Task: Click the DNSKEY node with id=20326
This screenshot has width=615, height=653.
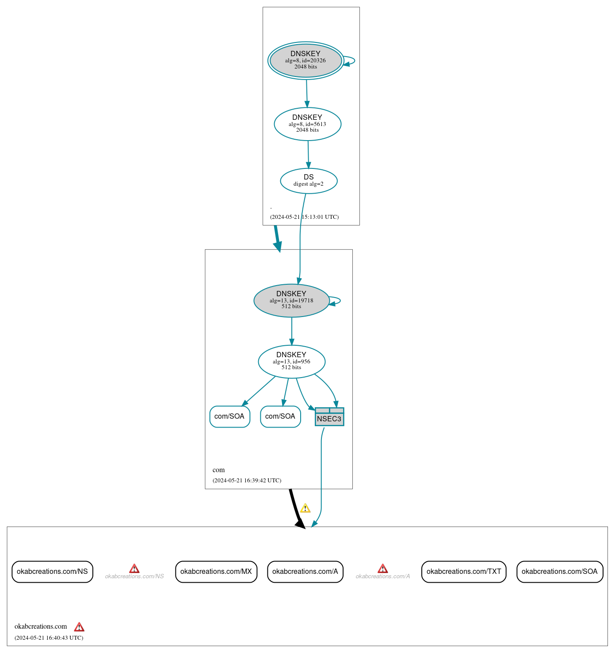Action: coord(306,61)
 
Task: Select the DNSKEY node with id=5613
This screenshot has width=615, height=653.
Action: coord(307,124)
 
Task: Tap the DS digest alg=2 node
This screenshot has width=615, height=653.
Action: coord(309,180)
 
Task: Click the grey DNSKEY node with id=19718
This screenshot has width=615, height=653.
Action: coord(291,300)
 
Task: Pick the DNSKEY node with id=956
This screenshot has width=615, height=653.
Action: coord(291,361)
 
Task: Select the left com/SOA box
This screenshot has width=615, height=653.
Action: coord(229,416)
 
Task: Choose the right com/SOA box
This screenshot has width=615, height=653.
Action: coord(280,416)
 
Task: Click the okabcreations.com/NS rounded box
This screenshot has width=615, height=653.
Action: coord(52,572)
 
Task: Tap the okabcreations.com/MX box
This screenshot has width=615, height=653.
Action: coord(216,572)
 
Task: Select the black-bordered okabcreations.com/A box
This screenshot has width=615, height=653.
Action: coord(305,572)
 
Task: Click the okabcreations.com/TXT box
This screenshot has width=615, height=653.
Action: coord(464,572)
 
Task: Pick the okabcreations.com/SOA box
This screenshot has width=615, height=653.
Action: coord(560,572)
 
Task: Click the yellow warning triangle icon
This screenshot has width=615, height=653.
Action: coord(305,508)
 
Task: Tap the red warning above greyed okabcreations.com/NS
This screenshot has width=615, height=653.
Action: coord(134,569)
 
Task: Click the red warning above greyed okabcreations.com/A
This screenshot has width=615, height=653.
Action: coord(383,569)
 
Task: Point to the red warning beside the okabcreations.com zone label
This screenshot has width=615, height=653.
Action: coord(79,627)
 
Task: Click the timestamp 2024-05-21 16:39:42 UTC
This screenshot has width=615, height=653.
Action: coord(247,481)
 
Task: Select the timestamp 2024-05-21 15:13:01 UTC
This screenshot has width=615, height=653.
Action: coord(304,217)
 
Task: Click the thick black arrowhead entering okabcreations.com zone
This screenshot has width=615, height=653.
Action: coord(300,523)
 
